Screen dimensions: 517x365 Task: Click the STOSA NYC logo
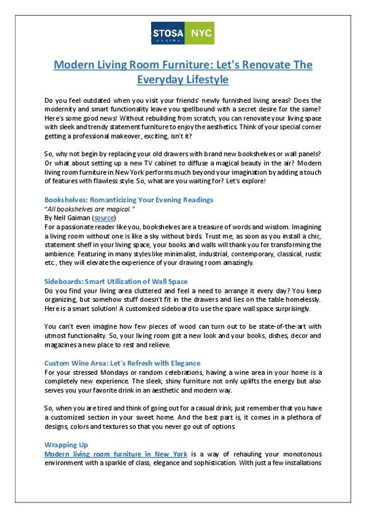pyautogui.click(x=182, y=33)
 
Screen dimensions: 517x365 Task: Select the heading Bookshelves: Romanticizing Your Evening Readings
pyautogui.click(x=129, y=199)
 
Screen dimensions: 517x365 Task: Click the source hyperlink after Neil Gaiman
pyautogui.click(x=104, y=217)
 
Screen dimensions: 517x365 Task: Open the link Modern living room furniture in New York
pyautogui.click(x=116, y=453)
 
